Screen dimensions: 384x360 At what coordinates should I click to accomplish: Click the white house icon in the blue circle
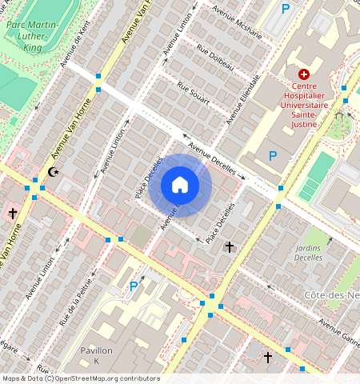point(180,185)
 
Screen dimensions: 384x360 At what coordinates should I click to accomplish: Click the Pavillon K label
point(97,356)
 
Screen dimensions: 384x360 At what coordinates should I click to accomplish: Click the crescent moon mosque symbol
point(54,172)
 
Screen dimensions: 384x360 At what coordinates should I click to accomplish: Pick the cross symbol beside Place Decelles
point(230,247)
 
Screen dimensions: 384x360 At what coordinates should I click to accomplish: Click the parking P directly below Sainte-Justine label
point(273,156)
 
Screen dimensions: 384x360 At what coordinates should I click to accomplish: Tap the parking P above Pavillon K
point(134,286)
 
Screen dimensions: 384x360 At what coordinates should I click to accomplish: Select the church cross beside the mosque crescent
point(13,214)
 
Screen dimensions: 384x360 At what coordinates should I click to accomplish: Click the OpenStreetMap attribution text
point(80,378)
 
